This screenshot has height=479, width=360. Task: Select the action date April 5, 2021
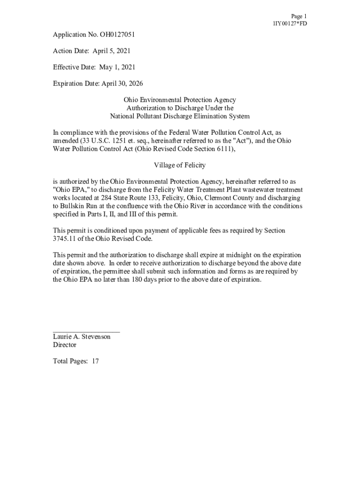click(x=111, y=51)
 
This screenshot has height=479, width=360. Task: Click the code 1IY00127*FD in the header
click(x=290, y=24)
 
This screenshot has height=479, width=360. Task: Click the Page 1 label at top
click(x=299, y=16)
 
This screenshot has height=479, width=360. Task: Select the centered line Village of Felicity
click(x=180, y=165)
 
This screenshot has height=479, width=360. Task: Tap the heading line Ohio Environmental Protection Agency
click(x=180, y=100)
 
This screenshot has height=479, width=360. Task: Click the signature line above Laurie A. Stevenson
click(x=86, y=331)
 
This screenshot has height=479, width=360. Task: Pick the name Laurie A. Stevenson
click(x=82, y=337)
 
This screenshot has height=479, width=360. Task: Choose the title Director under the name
click(x=65, y=345)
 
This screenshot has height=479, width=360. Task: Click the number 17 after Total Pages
click(x=95, y=362)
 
